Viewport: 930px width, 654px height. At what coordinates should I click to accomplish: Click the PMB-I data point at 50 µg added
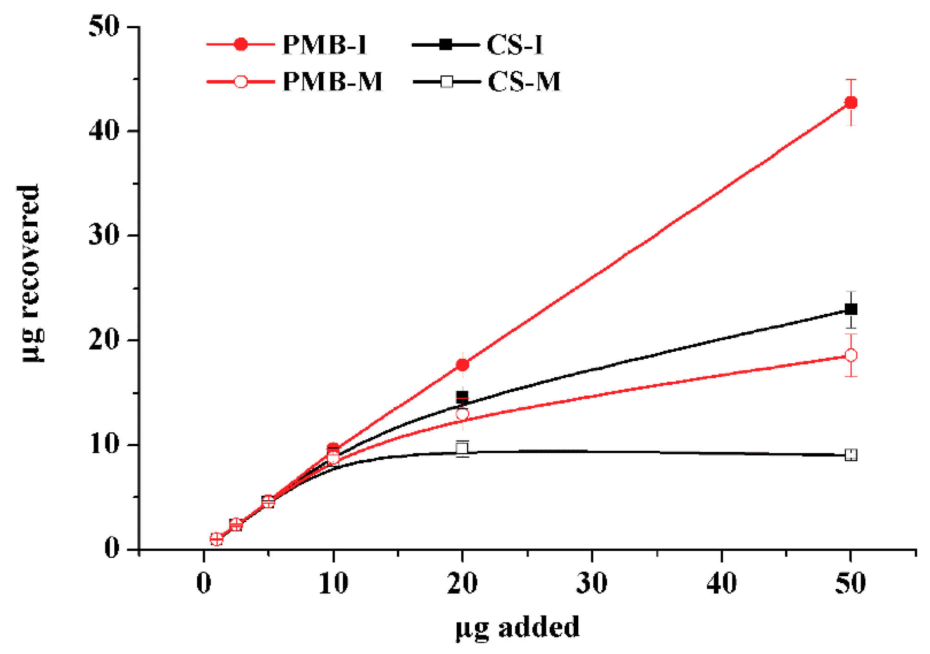(x=850, y=103)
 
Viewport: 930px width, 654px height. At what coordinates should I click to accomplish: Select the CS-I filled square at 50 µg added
(x=850, y=309)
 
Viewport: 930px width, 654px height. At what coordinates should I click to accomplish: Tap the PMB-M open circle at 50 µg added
(x=850, y=355)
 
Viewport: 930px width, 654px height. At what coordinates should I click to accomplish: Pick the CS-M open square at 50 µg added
(x=850, y=455)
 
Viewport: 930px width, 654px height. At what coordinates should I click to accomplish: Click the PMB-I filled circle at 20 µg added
(x=462, y=365)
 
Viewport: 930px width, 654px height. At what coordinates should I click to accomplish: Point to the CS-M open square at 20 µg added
(x=462, y=448)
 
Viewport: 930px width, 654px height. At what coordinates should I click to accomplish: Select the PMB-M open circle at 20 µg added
(x=462, y=414)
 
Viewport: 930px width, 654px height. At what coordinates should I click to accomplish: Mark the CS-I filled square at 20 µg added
(x=462, y=397)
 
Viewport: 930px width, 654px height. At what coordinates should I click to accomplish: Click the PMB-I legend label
(x=324, y=45)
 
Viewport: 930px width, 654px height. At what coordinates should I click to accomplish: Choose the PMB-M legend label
(x=332, y=82)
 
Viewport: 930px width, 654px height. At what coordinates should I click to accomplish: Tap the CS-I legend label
(x=515, y=45)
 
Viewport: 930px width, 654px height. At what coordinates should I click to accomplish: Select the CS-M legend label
(x=524, y=82)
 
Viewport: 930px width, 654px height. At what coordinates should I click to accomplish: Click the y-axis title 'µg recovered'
(x=30, y=273)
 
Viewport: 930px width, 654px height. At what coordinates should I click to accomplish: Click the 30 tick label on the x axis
(x=592, y=583)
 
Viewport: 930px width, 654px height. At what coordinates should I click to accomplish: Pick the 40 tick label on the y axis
(x=104, y=131)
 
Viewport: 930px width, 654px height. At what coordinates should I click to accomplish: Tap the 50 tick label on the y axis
(x=104, y=26)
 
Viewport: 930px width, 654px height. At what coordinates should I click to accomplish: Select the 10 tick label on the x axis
(x=333, y=583)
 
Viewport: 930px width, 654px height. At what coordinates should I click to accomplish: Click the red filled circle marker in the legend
(x=241, y=45)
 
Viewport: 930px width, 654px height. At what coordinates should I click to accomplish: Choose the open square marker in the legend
(x=446, y=82)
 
